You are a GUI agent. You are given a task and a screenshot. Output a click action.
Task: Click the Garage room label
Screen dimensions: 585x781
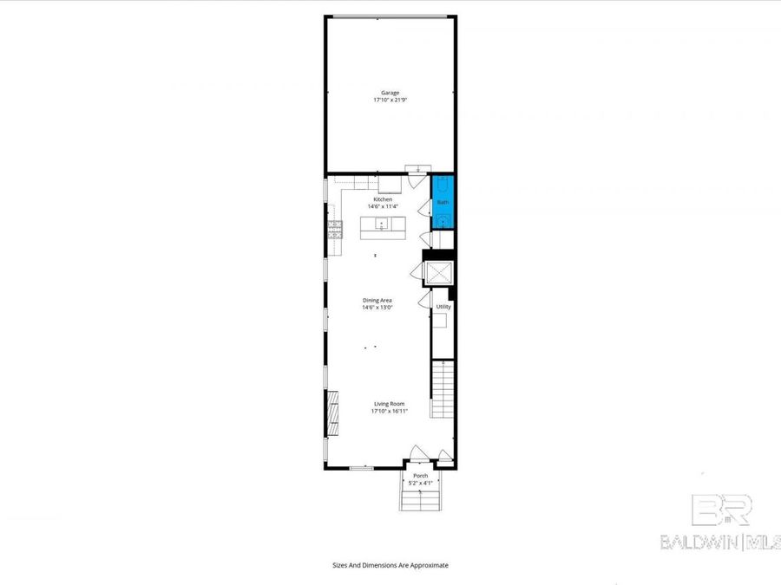[390, 93]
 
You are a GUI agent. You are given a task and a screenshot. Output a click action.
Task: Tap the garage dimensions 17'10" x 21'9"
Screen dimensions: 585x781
[390, 101]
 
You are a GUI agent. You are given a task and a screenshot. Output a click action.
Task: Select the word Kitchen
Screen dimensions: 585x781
[383, 199]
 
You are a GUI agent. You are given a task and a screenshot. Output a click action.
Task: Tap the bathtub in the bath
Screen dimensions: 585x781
[443, 185]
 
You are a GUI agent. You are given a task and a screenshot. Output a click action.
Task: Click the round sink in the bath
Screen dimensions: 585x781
[443, 221]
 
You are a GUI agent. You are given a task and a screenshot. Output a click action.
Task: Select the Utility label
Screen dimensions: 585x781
[443, 307]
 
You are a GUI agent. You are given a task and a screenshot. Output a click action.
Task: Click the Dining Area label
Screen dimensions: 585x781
[377, 301]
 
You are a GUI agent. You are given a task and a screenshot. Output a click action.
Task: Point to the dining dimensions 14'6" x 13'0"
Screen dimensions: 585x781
[377, 308]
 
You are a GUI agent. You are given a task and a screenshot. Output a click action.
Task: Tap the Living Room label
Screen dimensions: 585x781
[390, 404]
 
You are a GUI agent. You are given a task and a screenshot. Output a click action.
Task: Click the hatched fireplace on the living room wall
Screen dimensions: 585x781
[331, 414]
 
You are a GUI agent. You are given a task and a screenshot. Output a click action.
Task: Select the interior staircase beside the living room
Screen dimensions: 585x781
[443, 389]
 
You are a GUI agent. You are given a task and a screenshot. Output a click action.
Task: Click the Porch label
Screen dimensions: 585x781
[420, 476]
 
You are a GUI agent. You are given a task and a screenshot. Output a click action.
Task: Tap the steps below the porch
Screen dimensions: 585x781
[420, 500]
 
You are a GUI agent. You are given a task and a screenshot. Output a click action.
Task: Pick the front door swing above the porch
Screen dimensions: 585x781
[417, 453]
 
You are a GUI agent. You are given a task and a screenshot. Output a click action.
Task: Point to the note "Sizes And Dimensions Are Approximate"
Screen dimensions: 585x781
[390, 565]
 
